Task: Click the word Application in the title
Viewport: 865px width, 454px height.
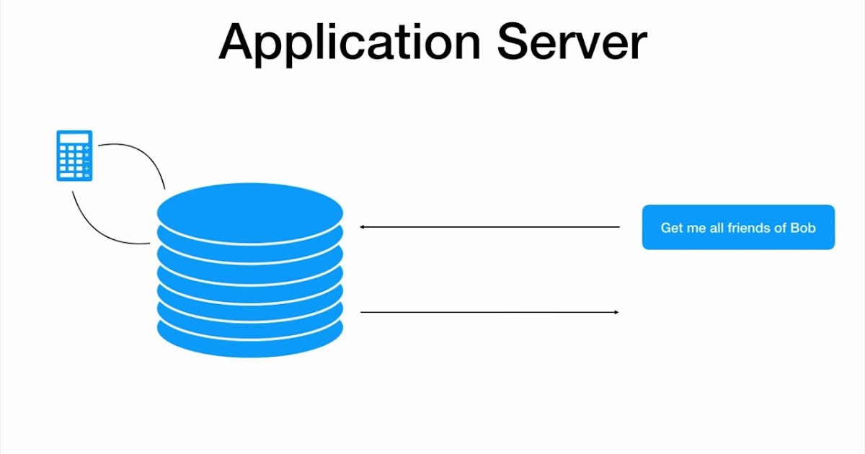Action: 350,42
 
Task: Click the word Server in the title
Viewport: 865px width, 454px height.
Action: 572,42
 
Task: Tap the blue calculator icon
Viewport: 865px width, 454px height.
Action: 74,155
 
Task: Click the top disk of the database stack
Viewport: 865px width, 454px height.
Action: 250,209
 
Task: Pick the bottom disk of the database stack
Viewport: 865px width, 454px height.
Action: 250,339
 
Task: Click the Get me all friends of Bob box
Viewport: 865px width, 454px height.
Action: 738,228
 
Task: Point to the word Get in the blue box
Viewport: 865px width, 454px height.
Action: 671,228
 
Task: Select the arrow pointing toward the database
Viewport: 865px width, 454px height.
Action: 490,227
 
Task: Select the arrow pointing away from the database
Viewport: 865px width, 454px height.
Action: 490,312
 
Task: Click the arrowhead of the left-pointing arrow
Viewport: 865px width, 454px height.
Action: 363,227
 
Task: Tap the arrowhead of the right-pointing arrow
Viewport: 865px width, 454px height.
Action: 616,312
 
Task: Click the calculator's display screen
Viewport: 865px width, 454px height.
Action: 74,138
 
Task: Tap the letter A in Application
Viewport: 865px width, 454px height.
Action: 239,42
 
